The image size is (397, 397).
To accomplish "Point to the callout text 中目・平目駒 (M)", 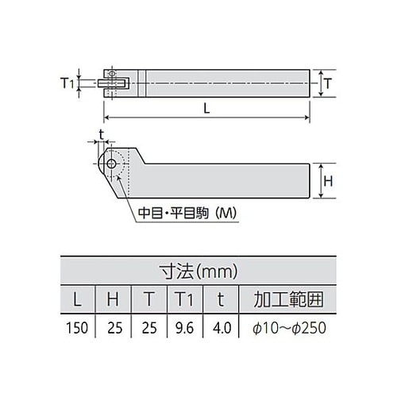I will point(187,214).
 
